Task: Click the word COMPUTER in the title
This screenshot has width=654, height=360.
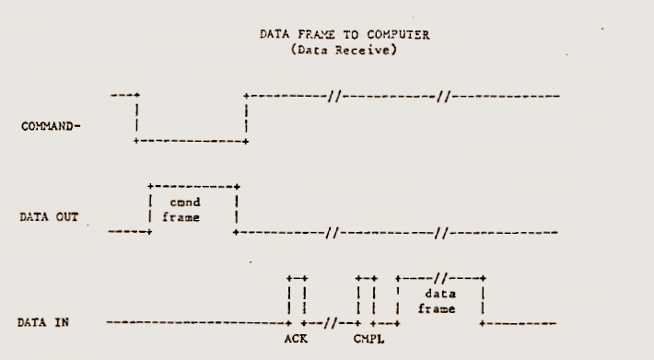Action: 398,35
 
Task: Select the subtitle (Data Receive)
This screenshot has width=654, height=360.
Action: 344,50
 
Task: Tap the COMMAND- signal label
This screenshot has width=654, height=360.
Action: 51,126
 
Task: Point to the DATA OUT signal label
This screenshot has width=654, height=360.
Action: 49,217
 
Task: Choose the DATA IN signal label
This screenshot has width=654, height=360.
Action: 43,322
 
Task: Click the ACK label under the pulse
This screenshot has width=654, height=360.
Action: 296,339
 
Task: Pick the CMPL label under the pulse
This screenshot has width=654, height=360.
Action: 368,339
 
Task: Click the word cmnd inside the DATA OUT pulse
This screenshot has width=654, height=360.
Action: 185,203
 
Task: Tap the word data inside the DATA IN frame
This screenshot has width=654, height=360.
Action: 440,294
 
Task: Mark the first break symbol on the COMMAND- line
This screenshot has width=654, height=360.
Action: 334,97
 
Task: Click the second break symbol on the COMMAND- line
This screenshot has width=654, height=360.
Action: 444,97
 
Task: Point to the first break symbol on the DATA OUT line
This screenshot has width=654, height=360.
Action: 333,233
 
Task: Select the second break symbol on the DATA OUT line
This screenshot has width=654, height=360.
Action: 441,233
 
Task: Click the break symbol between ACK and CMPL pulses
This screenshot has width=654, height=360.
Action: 331,323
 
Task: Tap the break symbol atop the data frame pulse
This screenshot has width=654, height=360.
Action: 441,278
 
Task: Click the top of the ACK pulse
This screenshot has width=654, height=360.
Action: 297,278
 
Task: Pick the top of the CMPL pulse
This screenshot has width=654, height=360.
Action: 367,278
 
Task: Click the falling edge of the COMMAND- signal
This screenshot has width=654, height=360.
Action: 137,119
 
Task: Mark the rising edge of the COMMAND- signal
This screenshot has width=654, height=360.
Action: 247,119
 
